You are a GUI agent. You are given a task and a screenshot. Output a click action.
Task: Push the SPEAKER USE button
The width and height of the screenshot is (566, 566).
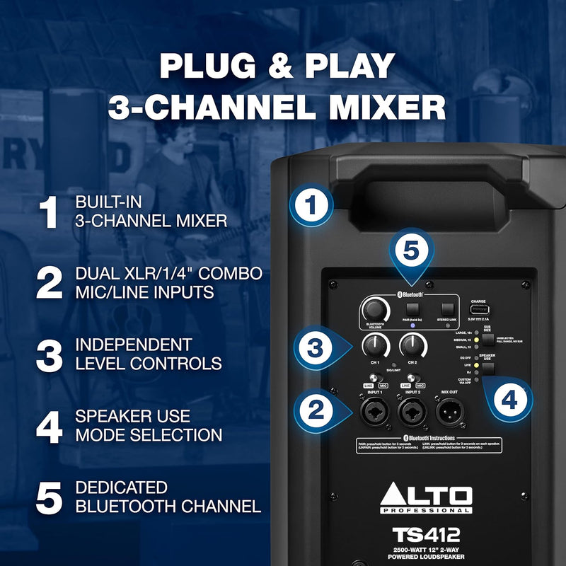click(489, 369)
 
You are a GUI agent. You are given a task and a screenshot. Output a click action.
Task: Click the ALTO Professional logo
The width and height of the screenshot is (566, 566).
click(426, 498)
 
